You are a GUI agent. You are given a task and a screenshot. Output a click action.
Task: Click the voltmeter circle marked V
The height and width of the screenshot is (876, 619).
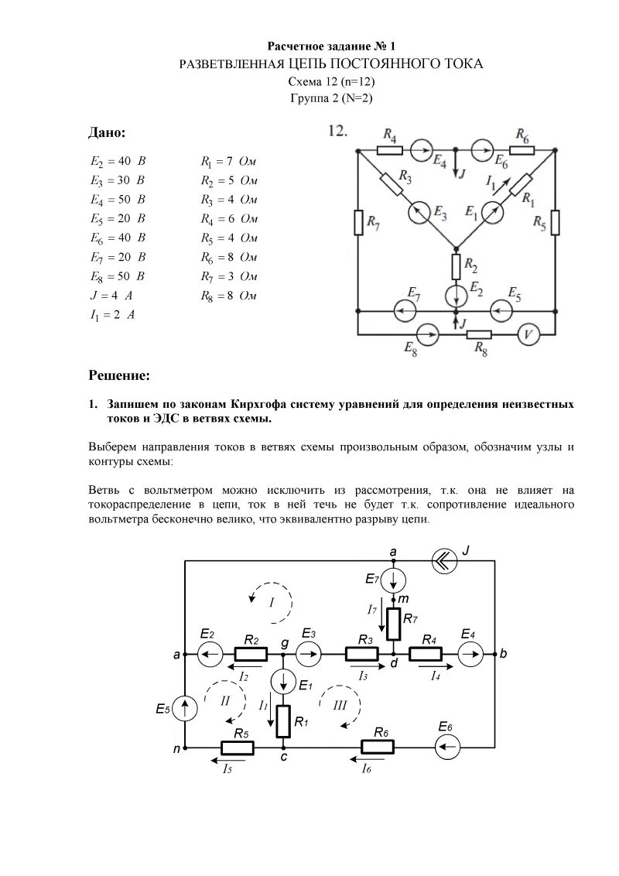click(528, 335)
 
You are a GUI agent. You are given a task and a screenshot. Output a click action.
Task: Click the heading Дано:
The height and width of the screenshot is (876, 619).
click(107, 133)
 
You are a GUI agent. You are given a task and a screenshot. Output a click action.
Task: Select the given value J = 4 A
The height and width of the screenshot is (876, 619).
click(113, 296)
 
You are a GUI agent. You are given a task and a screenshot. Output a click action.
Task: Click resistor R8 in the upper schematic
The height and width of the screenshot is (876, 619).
click(480, 335)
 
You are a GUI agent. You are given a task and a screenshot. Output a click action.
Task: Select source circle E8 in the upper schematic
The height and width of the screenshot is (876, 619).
click(428, 335)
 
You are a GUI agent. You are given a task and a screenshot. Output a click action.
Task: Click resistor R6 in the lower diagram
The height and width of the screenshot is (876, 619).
click(378, 748)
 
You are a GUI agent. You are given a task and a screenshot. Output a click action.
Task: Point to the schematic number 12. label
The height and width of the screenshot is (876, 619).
click(338, 132)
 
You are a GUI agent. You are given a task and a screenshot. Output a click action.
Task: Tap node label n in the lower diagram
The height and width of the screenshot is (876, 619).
click(176, 749)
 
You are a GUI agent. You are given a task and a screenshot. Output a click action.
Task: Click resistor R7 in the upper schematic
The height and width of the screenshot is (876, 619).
click(357, 222)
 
